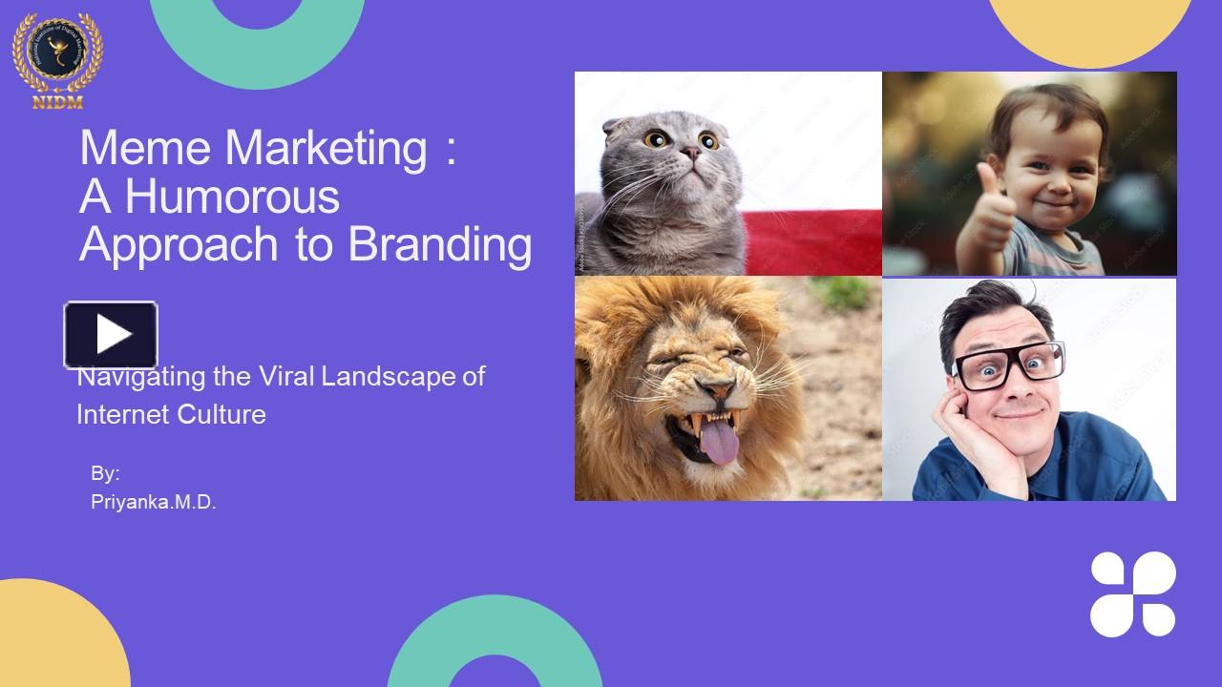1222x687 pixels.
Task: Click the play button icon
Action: [111, 335]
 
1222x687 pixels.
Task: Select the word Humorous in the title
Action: [232, 197]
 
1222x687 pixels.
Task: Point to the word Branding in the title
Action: [439, 244]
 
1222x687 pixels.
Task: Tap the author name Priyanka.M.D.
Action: [154, 503]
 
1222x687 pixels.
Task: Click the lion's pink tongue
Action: [721, 444]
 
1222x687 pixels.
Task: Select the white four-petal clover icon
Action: [1133, 593]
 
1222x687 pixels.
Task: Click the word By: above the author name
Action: [105, 474]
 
